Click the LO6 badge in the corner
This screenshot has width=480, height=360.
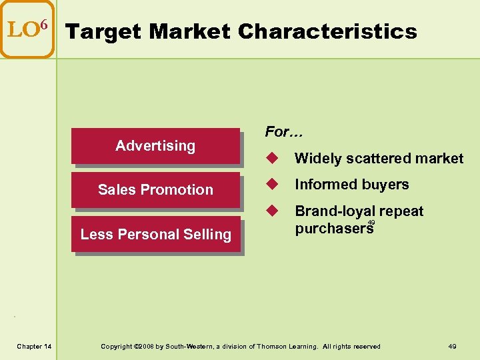(27, 29)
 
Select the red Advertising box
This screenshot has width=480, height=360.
(155, 145)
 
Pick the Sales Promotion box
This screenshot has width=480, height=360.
(155, 189)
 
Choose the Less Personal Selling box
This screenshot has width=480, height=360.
(155, 234)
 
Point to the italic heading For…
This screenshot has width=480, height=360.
(283, 132)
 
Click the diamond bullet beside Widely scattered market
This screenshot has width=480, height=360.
(271, 158)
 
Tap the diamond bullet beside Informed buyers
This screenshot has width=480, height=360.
(271, 184)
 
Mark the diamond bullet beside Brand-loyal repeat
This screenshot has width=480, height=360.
(271, 211)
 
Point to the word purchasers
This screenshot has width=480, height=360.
(333, 229)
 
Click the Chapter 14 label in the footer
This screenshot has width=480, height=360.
(35, 346)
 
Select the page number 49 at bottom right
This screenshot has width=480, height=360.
(452, 346)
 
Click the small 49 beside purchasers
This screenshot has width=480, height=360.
(371, 223)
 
